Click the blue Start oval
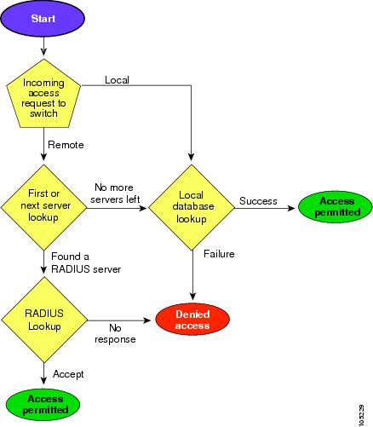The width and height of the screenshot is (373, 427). coord(43,18)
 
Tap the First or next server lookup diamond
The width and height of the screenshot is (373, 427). coord(43,208)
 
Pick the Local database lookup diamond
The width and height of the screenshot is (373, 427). coord(192,208)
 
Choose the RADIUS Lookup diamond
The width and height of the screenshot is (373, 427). coord(44,320)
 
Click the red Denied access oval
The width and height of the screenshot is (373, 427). coord(192,320)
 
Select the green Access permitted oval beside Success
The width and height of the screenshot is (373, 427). coord(336,207)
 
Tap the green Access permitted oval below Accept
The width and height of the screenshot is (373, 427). coord(43,405)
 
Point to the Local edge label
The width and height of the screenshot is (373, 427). coord(117,80)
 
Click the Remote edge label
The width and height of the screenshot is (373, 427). coord(66,145)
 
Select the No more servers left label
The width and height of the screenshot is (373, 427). coord(115,193)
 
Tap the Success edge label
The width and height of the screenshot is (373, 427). coord(258,201)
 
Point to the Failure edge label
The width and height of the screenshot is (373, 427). coord(219,254)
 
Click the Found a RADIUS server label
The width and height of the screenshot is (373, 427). coord(86,263)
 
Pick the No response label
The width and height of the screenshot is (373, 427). coord(115,333)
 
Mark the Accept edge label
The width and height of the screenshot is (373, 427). coord(68,374)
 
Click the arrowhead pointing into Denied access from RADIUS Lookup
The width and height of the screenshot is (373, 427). coord(147,320)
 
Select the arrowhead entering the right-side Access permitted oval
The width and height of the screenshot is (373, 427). coord(291,208)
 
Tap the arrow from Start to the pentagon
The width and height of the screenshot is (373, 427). coord(43,46)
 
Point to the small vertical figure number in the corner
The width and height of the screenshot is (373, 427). coord(362,415)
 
